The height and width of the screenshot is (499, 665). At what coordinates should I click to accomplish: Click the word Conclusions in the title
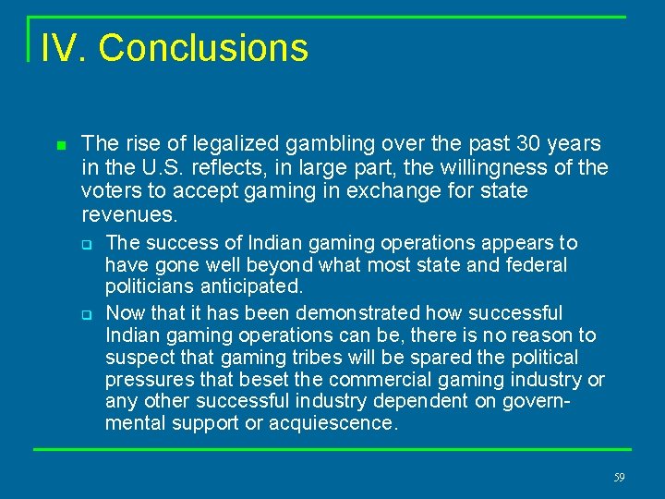click(203, 48)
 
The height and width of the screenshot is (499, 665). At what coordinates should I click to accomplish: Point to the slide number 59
click(619, 478)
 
